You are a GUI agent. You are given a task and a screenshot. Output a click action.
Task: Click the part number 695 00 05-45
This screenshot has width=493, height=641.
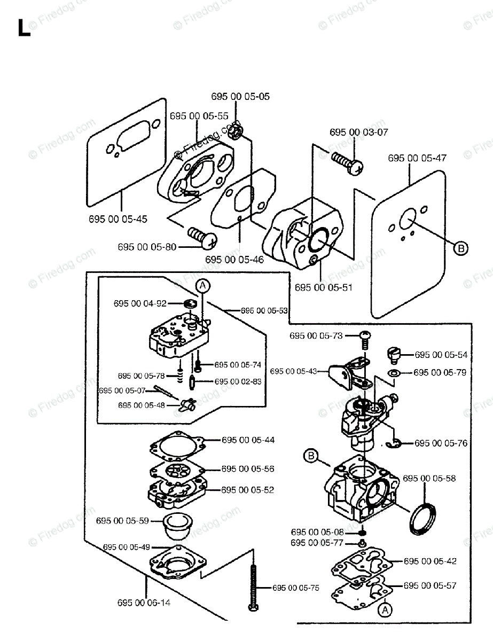point(118,219)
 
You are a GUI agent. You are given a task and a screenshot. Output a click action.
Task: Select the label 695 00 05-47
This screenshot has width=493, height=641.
point(417,158)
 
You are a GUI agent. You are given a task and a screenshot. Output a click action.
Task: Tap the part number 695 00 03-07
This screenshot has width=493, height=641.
point(359,132)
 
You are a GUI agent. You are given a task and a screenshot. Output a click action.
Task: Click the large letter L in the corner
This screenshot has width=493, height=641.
point(24,28)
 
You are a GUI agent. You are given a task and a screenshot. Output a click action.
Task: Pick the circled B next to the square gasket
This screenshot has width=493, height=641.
point(460,248)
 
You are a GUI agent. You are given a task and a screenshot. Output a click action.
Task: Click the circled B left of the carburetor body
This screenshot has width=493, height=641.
point(311,456)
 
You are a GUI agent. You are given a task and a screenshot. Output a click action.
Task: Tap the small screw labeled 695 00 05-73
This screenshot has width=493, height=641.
point(365,336)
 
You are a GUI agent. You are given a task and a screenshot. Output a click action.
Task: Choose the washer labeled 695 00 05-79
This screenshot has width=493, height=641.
point(393,372)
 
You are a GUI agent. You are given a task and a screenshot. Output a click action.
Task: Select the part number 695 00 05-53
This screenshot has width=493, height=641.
point(264,310)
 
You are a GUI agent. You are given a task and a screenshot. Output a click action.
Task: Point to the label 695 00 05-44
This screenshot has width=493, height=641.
point(248,440)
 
